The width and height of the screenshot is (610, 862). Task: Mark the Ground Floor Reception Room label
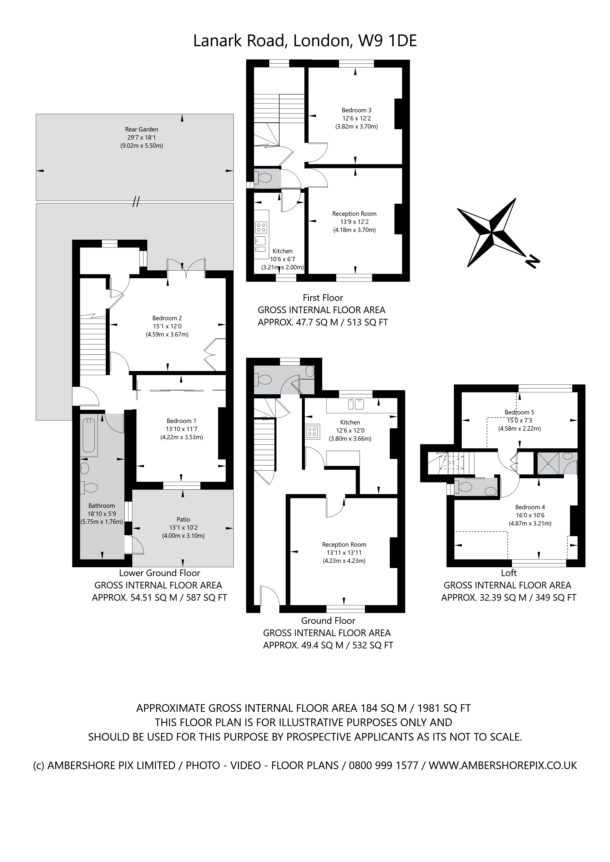[344, 544]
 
